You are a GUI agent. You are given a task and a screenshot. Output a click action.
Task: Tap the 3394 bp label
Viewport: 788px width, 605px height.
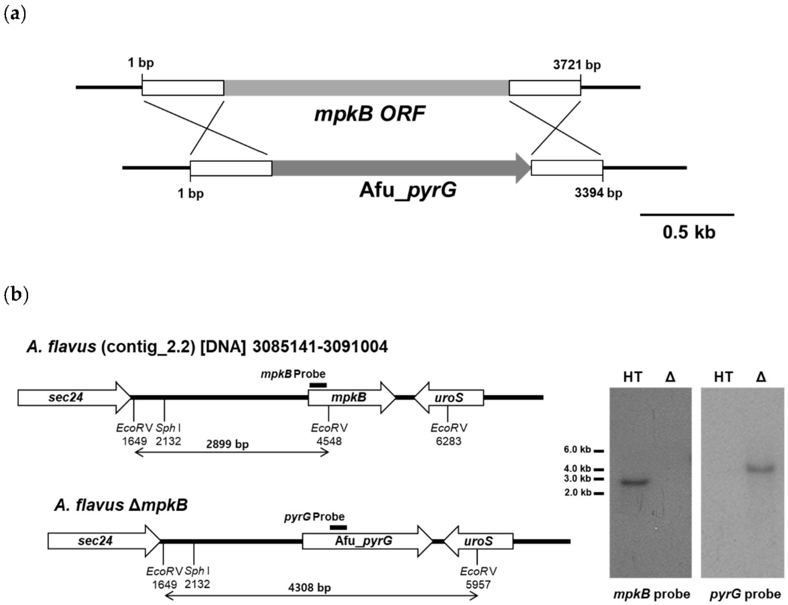(598, 193)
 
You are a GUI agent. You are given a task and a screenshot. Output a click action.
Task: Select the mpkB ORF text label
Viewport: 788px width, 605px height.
(370, 114)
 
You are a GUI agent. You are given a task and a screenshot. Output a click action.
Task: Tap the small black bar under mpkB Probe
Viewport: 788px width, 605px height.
(318, 385)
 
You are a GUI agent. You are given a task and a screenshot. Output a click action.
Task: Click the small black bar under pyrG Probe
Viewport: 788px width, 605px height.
(338, 527)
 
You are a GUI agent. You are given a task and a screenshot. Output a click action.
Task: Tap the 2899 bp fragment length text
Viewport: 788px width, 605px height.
(227, 444)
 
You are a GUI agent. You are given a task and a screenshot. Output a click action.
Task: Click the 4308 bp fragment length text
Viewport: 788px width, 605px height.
(309, 588)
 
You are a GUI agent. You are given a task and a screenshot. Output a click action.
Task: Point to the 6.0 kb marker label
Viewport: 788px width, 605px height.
(577, 450)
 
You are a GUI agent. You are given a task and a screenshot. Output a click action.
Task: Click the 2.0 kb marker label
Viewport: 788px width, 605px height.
(577, 492)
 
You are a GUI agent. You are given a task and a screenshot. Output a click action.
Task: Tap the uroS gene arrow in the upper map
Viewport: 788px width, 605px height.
(449, 398)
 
